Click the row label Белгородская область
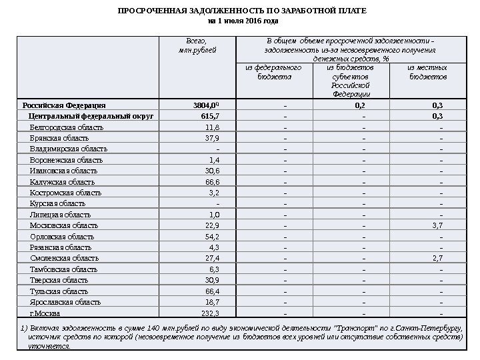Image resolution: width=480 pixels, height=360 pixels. point(67,127)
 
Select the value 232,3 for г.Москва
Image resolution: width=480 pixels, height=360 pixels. point(209,313)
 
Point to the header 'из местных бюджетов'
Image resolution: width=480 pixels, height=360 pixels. point(427,72)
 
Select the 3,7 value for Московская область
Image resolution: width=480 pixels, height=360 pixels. point(437,225)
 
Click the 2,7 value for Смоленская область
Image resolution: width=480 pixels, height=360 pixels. point(437,257)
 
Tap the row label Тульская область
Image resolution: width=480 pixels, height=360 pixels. point(59,291)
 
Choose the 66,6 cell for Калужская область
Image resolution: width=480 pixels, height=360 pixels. point(211,182)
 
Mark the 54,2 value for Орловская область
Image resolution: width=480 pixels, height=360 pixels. point(211,237)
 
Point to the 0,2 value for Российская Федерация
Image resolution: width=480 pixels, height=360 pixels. point(360,105)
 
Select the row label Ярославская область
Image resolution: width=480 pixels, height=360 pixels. point(65,302)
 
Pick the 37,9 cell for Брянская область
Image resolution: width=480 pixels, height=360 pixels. point(211,138)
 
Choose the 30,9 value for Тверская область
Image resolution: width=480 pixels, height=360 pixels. point(211,280)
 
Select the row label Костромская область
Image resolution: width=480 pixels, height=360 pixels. point(66,193)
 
